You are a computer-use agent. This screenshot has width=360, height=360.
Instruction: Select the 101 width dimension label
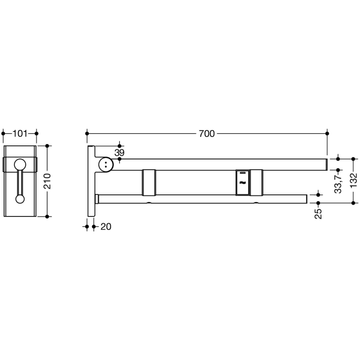(20, 134)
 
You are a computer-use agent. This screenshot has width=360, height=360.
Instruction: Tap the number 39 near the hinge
(119, 153)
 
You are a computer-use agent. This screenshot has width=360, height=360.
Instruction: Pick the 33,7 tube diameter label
(338, 183)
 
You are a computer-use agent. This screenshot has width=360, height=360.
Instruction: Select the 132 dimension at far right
(353, 182)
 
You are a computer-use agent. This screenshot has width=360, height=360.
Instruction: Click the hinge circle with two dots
(105, 165)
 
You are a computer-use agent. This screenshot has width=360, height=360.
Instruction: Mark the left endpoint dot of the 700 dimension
(87, 134)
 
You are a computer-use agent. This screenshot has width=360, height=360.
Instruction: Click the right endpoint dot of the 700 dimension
(327, 134)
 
